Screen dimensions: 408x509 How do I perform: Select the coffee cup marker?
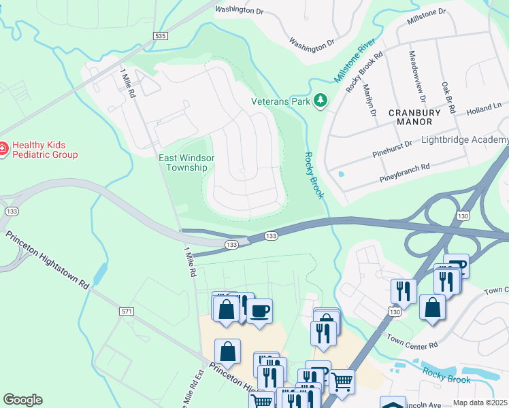259,312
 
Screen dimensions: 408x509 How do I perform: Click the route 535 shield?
160,35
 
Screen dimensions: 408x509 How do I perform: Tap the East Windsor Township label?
186,163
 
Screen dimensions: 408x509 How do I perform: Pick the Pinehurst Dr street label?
392,150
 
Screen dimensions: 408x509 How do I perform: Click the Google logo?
22,400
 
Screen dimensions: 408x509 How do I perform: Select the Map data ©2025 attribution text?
480,403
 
